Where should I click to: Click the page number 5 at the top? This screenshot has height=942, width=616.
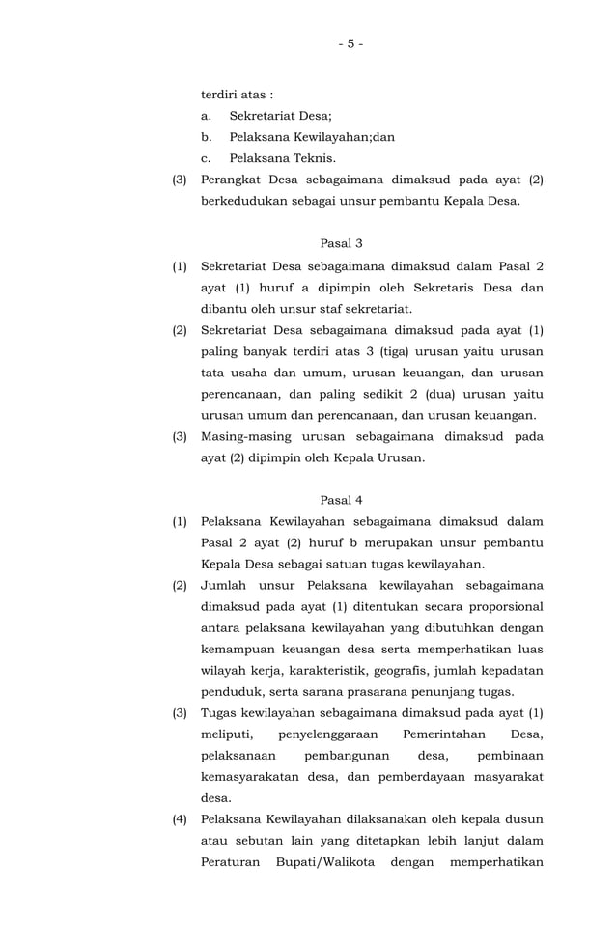click(350, 43)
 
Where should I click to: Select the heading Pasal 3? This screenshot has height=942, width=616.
click(341, 243)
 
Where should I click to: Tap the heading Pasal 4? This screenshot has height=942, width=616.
click(341, 500)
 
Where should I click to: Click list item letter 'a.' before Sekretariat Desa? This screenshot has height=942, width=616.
click(207, 116)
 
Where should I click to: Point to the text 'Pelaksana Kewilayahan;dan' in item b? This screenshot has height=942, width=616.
click(312, 137)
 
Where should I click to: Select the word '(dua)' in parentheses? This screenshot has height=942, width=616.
click(402, 394)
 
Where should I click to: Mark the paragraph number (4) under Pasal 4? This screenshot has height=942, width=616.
click(181, 818)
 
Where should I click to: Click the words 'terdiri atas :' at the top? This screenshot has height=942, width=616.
click(237, 95)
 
